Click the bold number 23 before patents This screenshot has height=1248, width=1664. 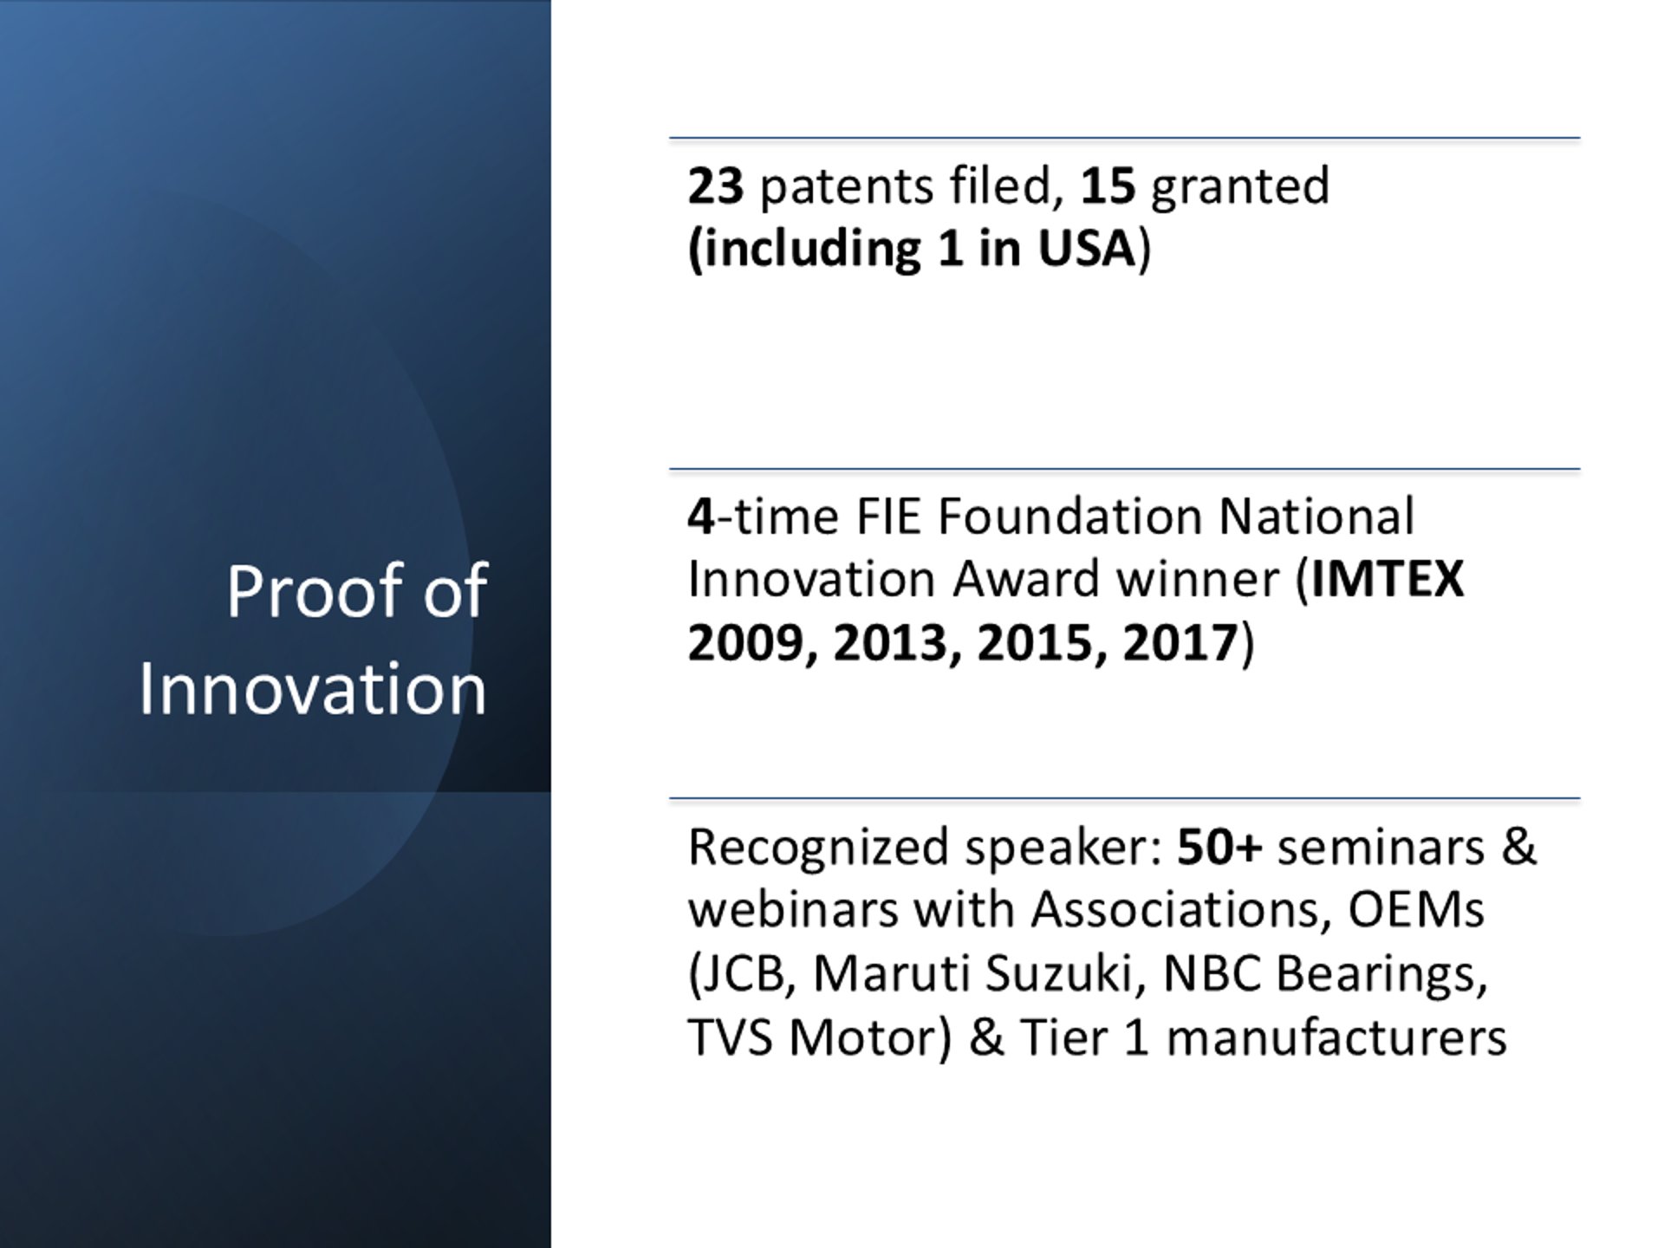pyautogui.click(x=716, y=185)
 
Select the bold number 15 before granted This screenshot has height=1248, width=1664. pyautogui.click(x=1108, y=185)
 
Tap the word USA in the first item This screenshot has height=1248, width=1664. pyautogui.click(x=1087, y=248)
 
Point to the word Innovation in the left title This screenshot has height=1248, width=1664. pyautogui.click(x=313, y=689)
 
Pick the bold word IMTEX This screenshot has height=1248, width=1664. pyautogui.click(x=1388, y=579)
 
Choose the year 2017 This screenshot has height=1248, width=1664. pyautogui.click(x=1180, y=643)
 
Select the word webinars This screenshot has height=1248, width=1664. pyautogui.click(x=796, y=910)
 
